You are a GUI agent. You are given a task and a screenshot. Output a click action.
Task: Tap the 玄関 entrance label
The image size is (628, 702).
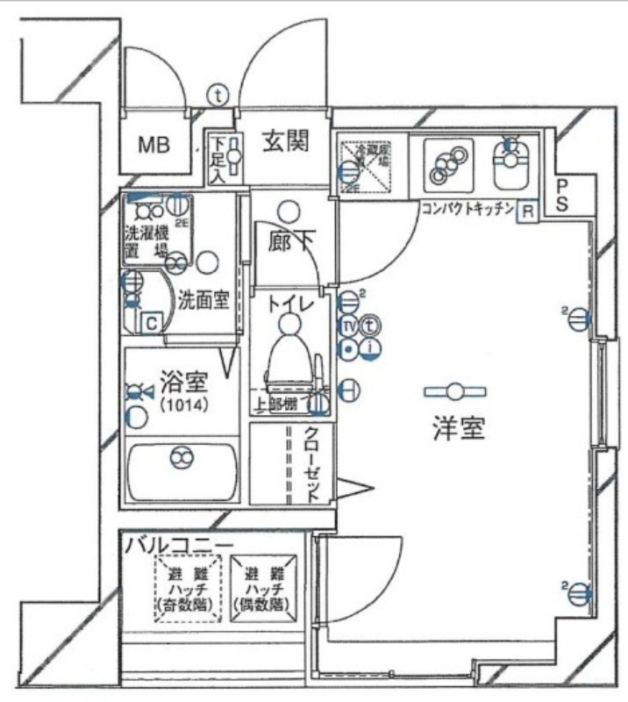point(285,141)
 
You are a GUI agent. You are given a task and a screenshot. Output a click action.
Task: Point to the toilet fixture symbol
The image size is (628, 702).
point(289,351)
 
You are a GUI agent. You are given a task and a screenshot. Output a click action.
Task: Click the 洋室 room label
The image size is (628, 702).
point(458,429)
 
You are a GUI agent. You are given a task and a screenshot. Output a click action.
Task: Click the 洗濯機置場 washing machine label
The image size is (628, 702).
point(146,240)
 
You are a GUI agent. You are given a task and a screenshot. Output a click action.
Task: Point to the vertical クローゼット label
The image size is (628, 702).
point(311,464)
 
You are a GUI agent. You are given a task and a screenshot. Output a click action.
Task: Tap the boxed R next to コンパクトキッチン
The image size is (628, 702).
point(527,211)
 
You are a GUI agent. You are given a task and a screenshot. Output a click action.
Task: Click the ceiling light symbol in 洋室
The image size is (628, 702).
point(453,391)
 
